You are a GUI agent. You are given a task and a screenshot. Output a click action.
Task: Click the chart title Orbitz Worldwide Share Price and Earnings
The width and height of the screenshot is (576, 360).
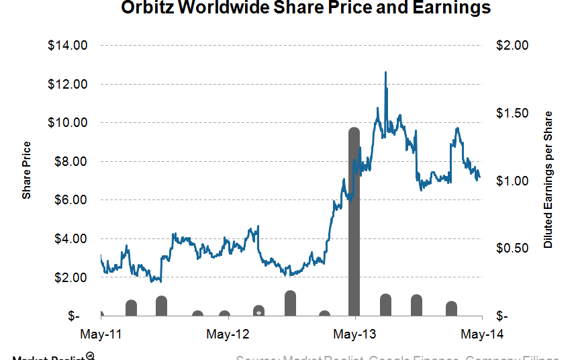point(305,9)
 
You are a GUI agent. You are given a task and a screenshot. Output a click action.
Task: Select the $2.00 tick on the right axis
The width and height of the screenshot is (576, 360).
point(512,46)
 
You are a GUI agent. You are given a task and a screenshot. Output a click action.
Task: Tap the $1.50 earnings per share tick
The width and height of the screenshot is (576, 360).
point(512,114)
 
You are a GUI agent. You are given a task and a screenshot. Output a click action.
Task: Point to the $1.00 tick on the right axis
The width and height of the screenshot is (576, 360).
point(512,181)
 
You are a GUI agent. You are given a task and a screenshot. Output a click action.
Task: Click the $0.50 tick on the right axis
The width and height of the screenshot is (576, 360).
point(512,249)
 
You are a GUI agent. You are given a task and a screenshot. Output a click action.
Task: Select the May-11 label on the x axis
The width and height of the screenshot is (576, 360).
point(101,334)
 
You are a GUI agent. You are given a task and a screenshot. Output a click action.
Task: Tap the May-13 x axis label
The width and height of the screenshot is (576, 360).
point(354,334)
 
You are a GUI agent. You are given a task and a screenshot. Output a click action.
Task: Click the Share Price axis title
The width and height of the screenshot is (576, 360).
point(27,171)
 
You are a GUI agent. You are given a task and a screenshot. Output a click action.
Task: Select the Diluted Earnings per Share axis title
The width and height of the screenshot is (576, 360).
point(548,180)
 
